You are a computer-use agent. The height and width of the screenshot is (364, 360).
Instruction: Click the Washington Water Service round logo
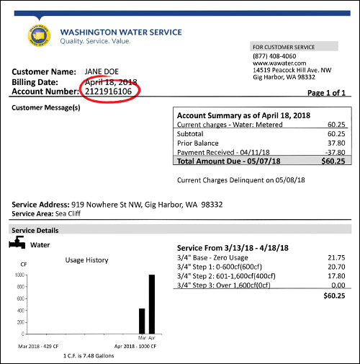[37, 37]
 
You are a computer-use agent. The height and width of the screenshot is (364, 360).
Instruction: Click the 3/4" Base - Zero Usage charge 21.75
[336, 257]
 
